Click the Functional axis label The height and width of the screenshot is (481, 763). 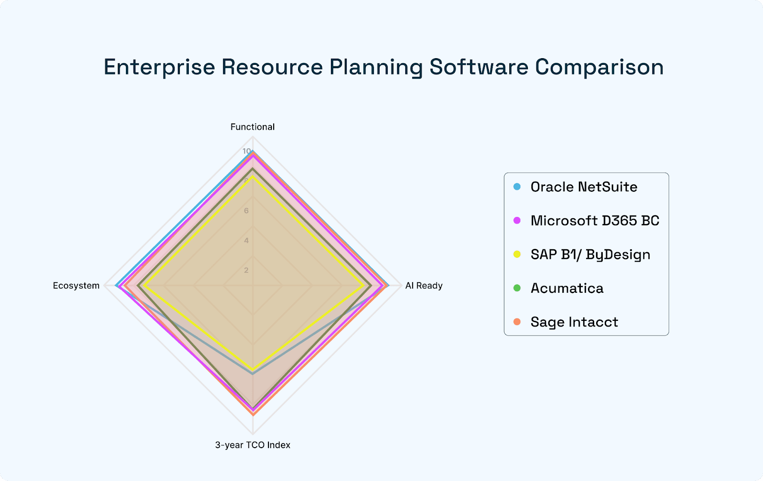[252, 127]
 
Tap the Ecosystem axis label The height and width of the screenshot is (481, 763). [76, 286]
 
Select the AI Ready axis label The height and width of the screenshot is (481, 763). [423, 286]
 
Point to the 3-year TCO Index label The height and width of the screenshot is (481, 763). [252, 445]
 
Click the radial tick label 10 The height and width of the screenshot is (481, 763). [246, 151]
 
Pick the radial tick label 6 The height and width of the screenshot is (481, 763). [246, 211]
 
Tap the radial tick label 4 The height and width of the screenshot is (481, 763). [246, 240]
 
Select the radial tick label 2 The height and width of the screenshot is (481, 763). [246, 270]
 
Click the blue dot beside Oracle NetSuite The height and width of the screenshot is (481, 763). [517, 187]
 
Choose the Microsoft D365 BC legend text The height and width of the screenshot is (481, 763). [595, 221]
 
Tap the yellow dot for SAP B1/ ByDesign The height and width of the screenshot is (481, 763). [517, 255]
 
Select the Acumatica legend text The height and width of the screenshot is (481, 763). [567, 288]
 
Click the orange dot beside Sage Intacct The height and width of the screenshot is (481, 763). [517, 322]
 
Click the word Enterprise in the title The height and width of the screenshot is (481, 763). [159, 67]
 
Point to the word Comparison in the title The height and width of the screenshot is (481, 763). [599, 67]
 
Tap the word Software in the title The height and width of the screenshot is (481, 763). [479, 67]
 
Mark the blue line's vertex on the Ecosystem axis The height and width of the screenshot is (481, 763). [116, 286]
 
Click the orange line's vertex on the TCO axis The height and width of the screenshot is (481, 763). [253, 415]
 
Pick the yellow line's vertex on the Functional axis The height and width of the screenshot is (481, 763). [253, 176]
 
